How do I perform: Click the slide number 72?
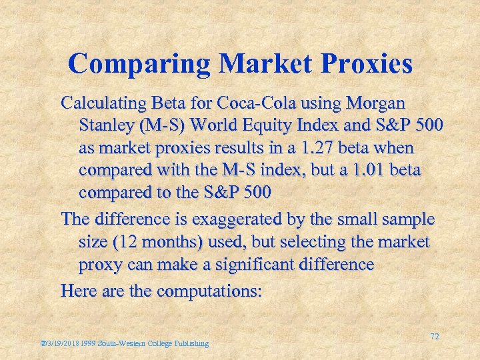click(434, 337)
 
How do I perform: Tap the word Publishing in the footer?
click(189, 343)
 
